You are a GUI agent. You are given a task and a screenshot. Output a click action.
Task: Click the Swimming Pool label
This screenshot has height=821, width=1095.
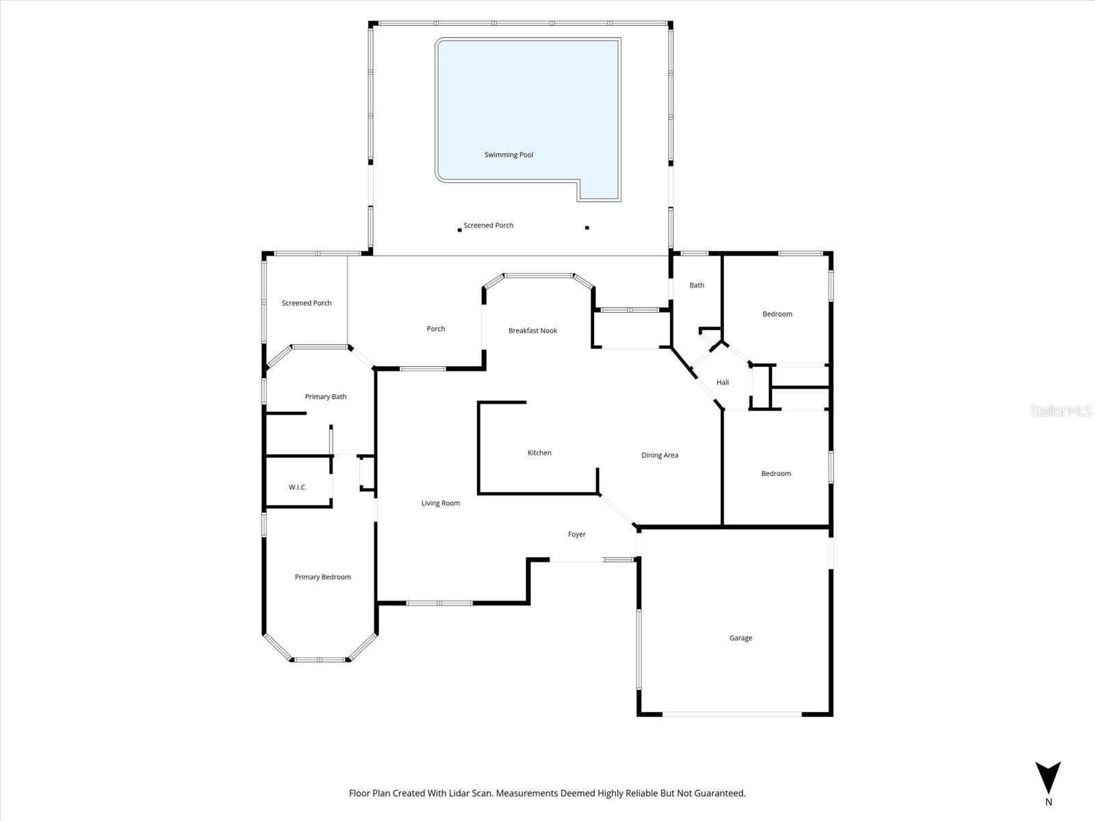(x=508, y=155)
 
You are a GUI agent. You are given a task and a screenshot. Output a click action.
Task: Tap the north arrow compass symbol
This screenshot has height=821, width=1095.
(x=1048, y=779)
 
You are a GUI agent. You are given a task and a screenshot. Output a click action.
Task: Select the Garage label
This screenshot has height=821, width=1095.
(x=740, y=638)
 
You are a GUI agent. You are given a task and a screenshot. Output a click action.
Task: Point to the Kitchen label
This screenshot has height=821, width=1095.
(x=539, y=452)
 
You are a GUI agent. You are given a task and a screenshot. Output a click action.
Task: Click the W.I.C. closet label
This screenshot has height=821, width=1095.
(x=298, y=487)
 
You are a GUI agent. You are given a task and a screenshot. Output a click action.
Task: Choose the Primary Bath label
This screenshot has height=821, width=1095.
(x=326, y=396)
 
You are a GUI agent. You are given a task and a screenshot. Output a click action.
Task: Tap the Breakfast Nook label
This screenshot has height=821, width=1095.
(x=532, y=330)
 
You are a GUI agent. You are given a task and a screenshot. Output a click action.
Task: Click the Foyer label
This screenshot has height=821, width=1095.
(x=577, y=534)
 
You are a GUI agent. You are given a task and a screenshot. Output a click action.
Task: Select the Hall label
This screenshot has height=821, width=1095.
(x=723, y=382)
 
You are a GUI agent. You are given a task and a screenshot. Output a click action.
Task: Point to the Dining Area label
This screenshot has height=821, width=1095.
(x=660, y=455)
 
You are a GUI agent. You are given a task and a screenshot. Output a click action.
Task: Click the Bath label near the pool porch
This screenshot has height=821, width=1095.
(x=697, y=285)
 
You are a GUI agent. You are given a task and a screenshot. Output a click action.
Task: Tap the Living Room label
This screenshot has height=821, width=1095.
(x=441, y=503)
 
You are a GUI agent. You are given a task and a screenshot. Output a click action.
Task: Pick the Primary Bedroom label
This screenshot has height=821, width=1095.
(x=323, y=577)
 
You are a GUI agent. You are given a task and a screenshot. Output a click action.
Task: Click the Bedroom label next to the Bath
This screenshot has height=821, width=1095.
(x=777, y=314)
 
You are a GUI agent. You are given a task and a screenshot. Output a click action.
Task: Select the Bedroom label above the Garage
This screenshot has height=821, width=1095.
(x=776, y=473)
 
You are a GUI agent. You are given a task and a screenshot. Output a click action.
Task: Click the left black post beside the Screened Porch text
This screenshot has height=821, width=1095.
(x=459, y=230)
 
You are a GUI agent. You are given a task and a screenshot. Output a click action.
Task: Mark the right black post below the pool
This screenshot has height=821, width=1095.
(x=587, y=228)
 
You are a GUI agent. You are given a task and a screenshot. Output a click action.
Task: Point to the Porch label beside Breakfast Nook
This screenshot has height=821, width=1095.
(x=436, y=329)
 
